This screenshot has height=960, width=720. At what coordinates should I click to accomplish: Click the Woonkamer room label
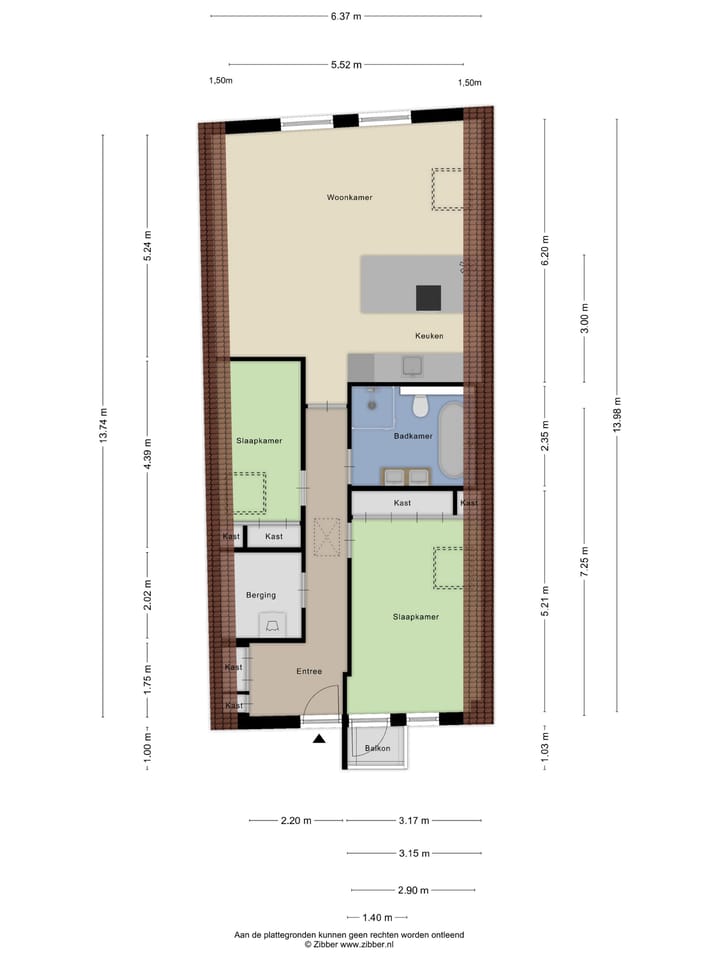click(x=349, y=197)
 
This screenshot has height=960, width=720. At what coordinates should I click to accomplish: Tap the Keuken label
click(x=429, y=336)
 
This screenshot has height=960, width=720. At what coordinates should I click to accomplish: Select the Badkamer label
click(x=413, y=436)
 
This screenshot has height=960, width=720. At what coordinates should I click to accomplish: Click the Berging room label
click(x=261, y=595)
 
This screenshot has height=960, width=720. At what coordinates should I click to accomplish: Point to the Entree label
click(x=308, y=671)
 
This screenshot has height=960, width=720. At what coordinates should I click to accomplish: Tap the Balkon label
click(x=376, y=748)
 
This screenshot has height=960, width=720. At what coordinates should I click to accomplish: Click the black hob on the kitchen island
click(x=429, y=297)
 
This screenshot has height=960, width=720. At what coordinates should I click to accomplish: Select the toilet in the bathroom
click(x=420, y=404)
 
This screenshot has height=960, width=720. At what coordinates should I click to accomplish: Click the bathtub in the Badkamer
click(x=450, y=440)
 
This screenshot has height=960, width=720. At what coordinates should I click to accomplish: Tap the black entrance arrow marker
click(x=319, y=739)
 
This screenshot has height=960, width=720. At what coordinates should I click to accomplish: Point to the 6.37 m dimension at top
click(x=346, y=16)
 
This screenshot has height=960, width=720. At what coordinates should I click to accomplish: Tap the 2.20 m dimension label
click(x=295, y=821)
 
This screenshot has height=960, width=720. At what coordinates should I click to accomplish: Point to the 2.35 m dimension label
click(x=545, y=436)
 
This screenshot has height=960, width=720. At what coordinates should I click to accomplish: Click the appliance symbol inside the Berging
click(x=271, y=625)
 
